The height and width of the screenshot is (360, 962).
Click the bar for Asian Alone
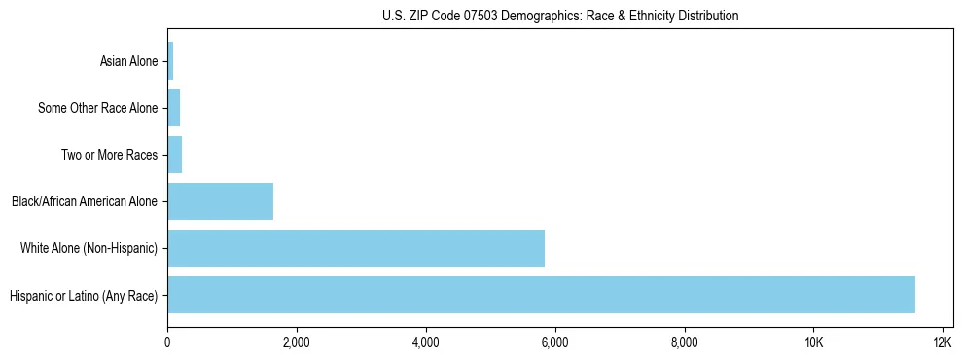coord(170,61)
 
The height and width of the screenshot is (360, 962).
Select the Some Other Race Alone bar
coord(174,108)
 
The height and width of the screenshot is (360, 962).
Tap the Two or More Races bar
coord(175,155)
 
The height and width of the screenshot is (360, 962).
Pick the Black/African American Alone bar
coord(220,201)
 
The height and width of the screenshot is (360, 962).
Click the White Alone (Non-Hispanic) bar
coord(356,248)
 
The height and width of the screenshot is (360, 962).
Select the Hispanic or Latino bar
coord(541,295)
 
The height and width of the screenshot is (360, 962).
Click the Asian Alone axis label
coord(128,62)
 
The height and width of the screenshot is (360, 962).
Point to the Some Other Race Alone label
coord(97,109)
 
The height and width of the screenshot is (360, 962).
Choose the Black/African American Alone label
coord(85,202)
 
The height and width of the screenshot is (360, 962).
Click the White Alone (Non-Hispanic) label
coord(89,249)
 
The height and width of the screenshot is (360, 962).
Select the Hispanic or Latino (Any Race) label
coord(83,296)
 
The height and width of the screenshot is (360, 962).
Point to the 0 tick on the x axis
coord(167,342)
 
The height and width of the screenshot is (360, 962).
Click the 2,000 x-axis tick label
coord(297,342)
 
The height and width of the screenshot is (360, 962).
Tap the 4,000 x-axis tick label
coord(426,342)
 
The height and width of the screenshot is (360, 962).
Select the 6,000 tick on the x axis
coord(555,342)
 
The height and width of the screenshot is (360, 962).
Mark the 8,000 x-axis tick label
coord(685,342)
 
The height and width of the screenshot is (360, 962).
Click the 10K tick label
coord(814,342)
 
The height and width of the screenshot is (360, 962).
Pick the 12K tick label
coord(943,342)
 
